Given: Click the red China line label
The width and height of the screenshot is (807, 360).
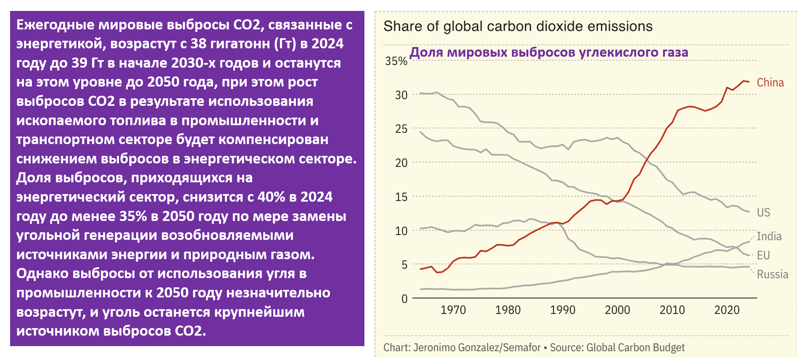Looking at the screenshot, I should (x=770, y=83).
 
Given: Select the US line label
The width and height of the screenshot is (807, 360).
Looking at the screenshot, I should (x=763, y=213).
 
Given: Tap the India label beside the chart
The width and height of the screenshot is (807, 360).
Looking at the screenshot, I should (x=769, y=236).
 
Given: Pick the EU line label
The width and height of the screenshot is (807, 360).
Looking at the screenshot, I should (x=763, y=255).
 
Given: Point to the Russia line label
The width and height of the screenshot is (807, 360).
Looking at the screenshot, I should (x=773, y=275).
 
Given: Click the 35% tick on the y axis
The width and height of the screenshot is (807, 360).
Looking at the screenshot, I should (x=396, y=61).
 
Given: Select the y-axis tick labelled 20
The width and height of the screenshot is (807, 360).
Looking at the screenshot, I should (x=401, y=163).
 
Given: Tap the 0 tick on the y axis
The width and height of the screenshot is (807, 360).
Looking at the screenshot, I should (x=404, y=299).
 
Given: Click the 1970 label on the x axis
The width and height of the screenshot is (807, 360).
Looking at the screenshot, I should (x=453, y=310).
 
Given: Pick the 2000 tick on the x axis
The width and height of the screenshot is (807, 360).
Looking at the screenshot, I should (x=617, y=310).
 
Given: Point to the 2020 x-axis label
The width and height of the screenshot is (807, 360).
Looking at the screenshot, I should (x=727, y=310).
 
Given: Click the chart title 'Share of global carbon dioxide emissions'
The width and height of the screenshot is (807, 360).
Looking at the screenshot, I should (x=518, y=26).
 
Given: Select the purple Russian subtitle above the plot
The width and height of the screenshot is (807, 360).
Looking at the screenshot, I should (x=549, y=53).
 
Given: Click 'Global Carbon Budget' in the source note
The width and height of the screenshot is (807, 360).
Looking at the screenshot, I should (x=635, y=348).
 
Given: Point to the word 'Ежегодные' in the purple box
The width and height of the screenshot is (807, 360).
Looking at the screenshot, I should (x=55, y=25).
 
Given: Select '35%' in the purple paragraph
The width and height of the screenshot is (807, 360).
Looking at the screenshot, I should (x=133, y=216).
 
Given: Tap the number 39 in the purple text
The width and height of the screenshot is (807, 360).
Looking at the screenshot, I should (x=79, y=63).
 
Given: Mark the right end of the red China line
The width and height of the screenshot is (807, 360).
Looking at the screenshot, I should (x=749, y=82).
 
